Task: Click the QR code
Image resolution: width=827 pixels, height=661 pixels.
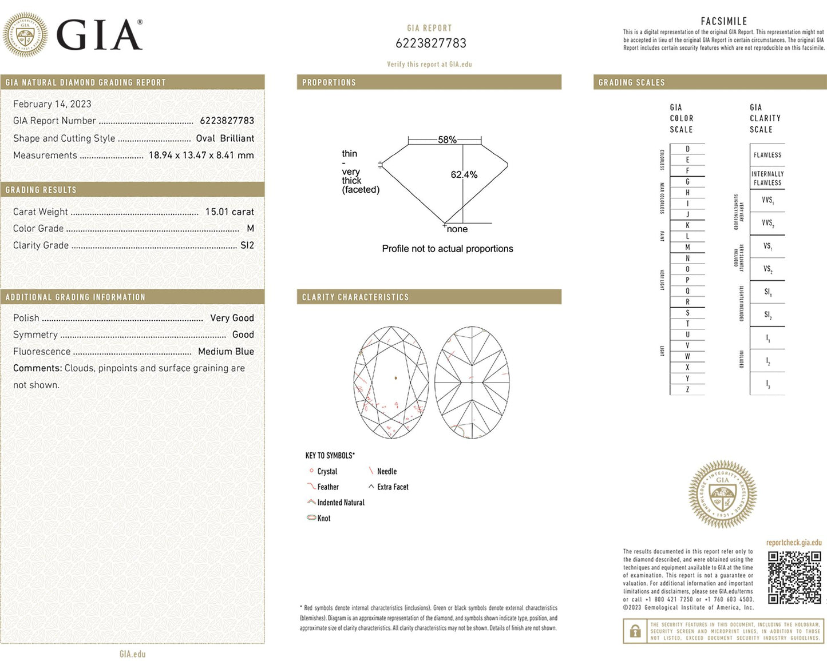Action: tap(794, 578)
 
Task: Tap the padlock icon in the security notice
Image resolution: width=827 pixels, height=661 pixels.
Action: tap(635, 632)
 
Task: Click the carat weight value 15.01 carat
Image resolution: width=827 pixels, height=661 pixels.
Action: tap(229, 212)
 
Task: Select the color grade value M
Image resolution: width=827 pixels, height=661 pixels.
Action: tap(250, 228)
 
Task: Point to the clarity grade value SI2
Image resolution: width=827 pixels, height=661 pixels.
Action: tap(247, 245)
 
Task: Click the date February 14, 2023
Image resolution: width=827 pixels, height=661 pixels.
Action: tap(52, 104)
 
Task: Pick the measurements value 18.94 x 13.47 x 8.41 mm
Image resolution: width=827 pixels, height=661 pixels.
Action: tap(201, 155)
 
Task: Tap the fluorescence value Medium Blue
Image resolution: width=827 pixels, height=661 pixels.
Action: tap(225, 352)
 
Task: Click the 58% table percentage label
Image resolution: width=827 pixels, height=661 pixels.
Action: tap(447, 140)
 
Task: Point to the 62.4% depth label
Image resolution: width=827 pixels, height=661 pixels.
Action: tap(464, 174)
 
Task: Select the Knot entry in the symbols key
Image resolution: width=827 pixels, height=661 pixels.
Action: tap(323, 518)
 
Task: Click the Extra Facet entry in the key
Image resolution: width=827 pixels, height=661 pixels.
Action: tap(393, 487)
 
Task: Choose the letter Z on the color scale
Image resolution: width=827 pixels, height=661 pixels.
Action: tap(687, 389)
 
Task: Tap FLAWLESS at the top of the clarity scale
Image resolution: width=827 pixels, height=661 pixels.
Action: tap(767, 155)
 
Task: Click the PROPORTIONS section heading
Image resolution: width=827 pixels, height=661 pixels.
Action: tap(329, 82)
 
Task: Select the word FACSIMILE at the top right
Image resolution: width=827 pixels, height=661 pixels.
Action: tap(723, 21)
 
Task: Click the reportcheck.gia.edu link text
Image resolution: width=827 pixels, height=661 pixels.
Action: tap(793, 543)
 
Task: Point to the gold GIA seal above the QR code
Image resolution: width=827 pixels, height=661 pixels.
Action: tap(722, 493)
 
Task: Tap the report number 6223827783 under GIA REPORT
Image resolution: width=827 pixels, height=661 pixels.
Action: tap(430, 43)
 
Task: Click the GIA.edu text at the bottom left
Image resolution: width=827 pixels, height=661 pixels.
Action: tap(132, 654)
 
